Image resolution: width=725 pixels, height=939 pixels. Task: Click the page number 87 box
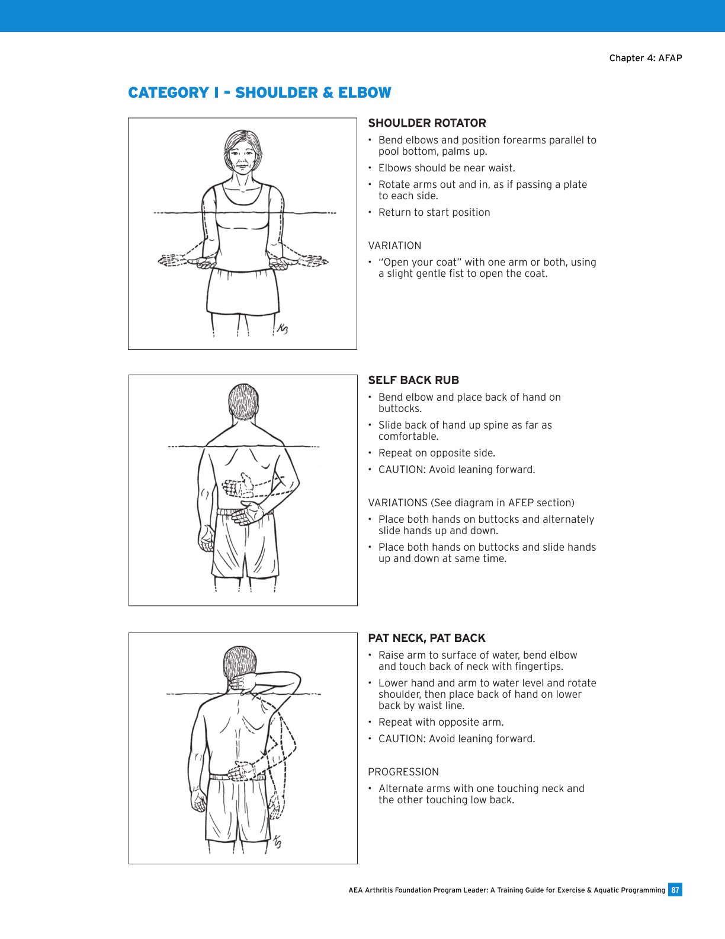coord(675,890)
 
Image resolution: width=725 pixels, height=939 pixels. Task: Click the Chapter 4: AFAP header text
coord(646,58)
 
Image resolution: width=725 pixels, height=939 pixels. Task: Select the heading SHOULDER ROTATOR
coord(427,123)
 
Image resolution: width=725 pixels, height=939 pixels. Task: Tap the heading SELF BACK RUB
coord(413,381)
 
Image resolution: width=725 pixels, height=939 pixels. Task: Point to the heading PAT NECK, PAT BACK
coord(426,638)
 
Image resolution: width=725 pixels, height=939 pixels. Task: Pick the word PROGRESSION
coord(403,772)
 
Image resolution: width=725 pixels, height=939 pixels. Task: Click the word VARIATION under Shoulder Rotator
coord(394,245)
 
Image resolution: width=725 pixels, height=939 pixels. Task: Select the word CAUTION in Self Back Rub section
coord(401,469)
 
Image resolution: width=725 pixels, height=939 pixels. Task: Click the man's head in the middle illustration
coord(243,403)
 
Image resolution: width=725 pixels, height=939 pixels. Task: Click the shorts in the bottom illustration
coord(237,809)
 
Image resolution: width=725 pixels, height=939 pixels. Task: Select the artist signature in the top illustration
coord(282,329)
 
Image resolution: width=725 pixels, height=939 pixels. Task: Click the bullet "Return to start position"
coord(434,212)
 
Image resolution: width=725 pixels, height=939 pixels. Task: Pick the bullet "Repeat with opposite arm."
coord(441,722)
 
